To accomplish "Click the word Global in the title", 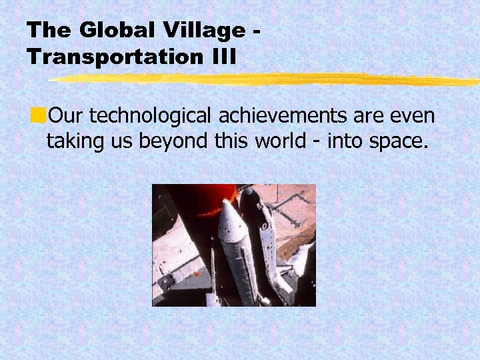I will (110, 30).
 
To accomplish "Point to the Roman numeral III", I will (222, 57).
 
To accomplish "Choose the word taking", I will (74, 141).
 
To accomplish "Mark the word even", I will (412, 117).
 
